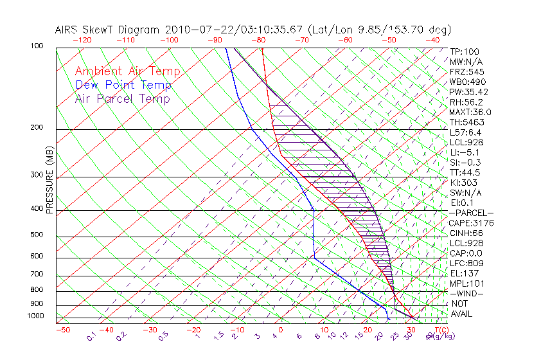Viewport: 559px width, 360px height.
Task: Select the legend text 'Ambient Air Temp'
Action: click(127, 71)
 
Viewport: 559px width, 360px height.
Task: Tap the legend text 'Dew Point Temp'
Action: click(123, 85)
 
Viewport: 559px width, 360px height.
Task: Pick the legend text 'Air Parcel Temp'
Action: click(122, 98)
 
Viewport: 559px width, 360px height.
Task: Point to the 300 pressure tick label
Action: click(38, 175)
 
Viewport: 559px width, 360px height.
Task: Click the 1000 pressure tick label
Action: click(36, 316)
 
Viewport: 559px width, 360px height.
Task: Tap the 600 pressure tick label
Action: click(38, 256)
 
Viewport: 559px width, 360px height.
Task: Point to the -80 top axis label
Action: click(258, 40)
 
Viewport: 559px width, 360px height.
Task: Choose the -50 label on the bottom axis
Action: click(62, 330)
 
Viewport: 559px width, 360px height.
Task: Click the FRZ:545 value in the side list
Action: click(466, 71)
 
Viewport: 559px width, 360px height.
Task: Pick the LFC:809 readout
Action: click(466, 264)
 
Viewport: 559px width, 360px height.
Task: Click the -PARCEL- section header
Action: click(471, 213)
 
